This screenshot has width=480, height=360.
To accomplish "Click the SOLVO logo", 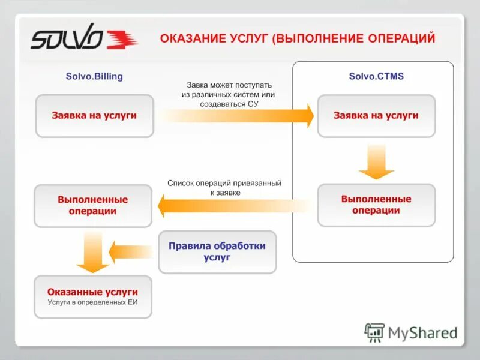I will [84, 40].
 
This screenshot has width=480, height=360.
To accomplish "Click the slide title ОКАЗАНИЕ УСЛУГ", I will [297, 39].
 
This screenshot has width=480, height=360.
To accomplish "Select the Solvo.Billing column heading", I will [94, 76].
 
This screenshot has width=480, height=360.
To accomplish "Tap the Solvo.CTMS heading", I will [376, 76].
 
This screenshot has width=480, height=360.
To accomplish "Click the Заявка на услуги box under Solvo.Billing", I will [94, 116].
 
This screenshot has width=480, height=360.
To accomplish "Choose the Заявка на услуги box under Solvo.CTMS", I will [376, 116].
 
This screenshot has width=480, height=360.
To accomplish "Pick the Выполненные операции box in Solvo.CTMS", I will [376, 205].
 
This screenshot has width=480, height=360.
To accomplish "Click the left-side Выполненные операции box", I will [93, 205].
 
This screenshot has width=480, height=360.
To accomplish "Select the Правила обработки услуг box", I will [217, 251].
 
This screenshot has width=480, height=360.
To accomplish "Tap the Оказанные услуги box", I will [93, 296].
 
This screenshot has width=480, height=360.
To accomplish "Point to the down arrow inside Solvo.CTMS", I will [376, 161].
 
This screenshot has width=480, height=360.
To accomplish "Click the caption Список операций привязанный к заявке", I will [224, 188].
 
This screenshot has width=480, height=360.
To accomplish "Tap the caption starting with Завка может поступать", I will [229, 94].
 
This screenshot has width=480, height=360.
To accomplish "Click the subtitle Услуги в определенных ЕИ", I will [93, 302].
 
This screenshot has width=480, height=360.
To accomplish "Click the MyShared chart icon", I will [374, 332].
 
